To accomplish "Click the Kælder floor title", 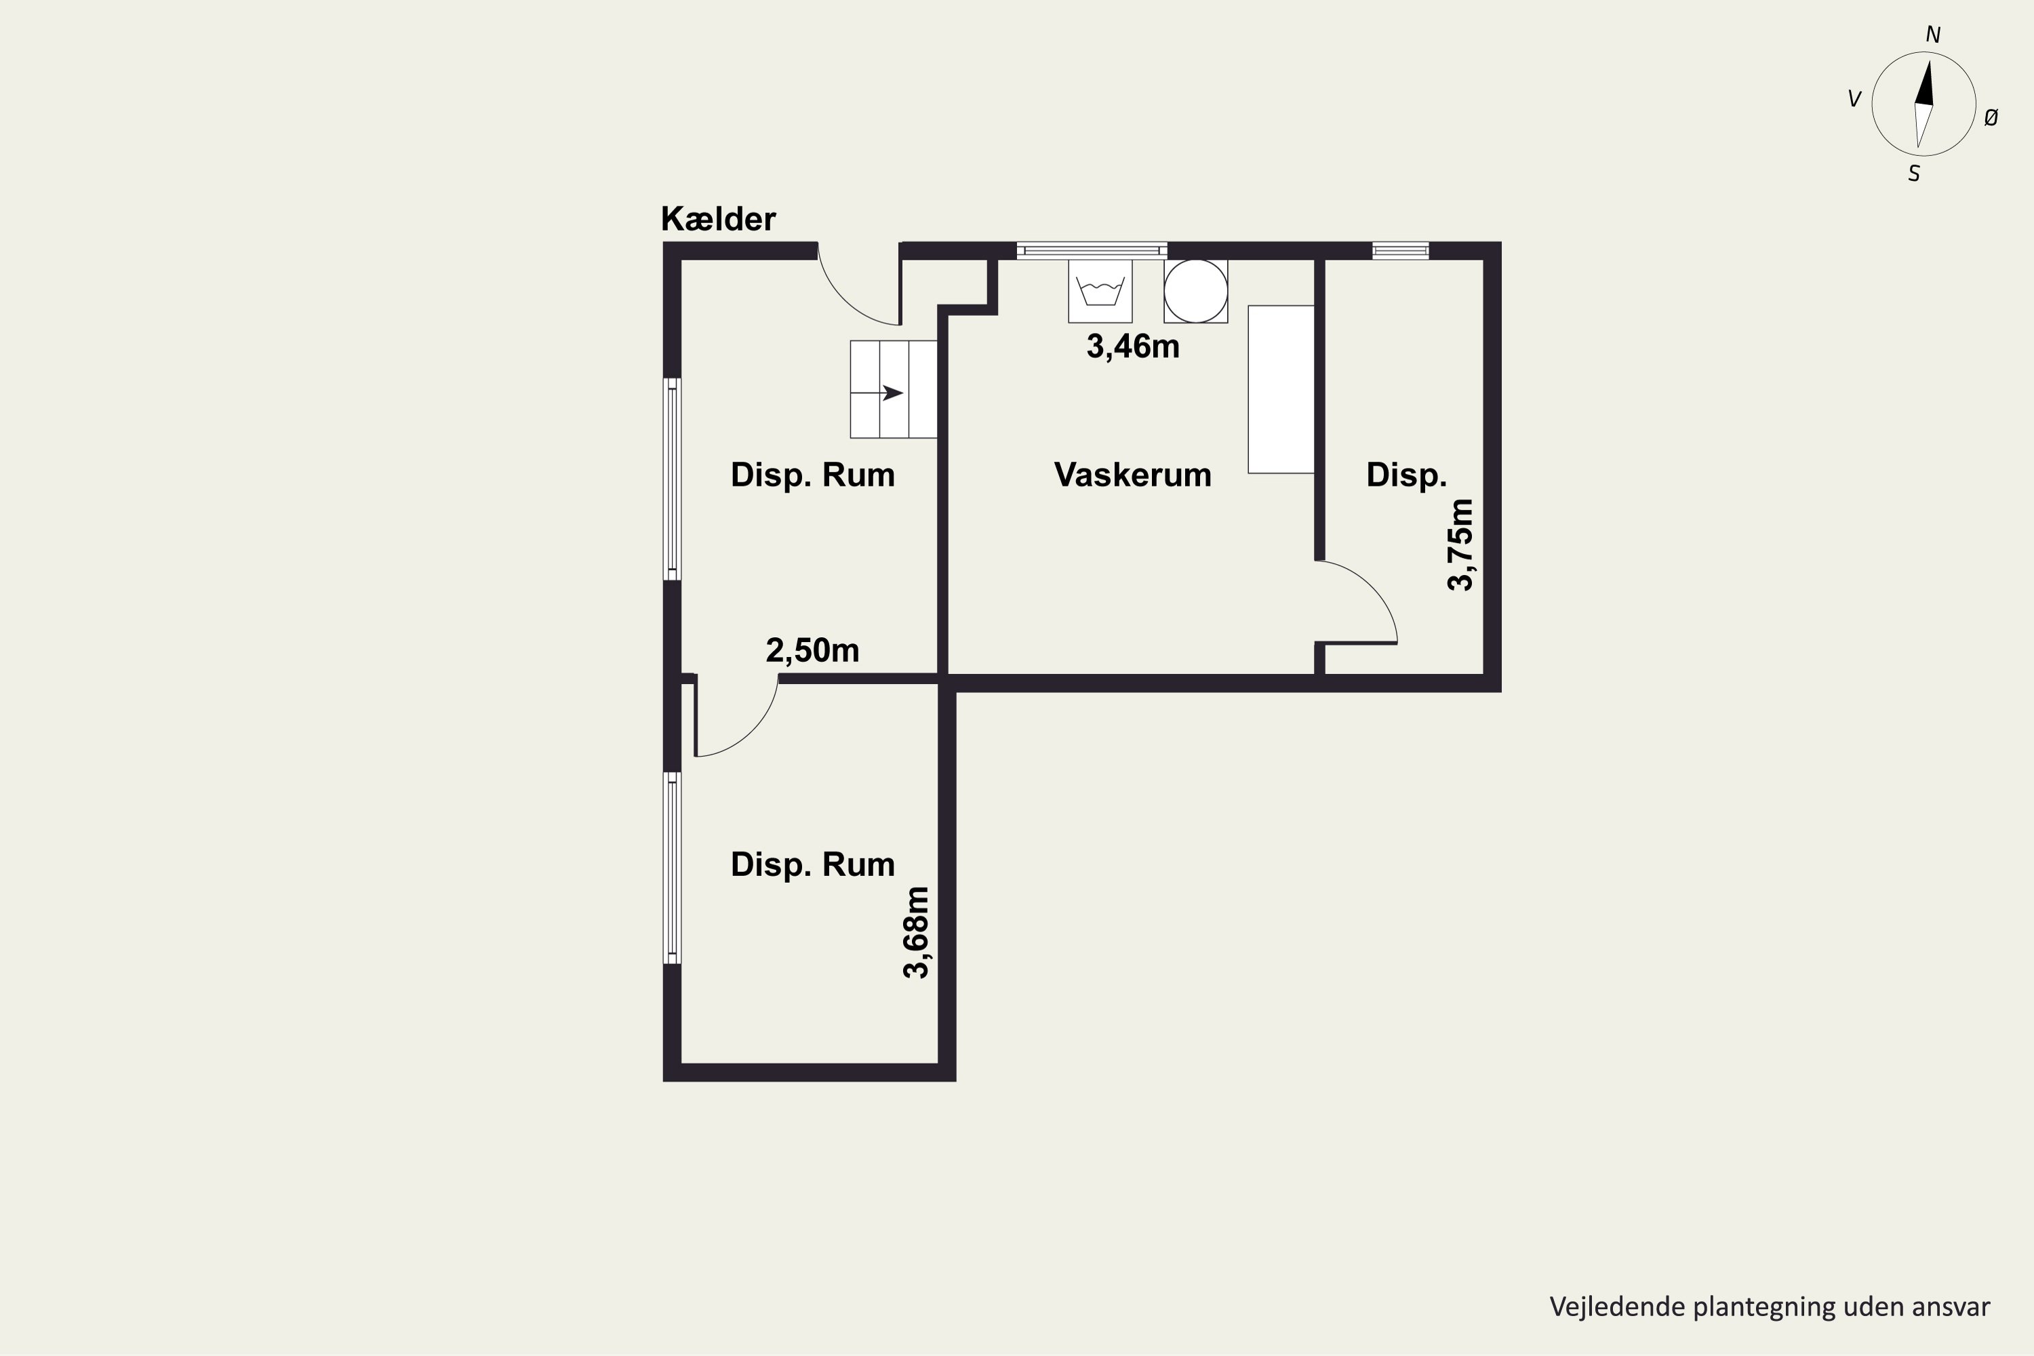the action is click(718, 219).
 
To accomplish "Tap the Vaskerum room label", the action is click(1132, 475).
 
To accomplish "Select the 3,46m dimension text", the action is click(1133, 346).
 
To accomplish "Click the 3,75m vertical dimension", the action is click(1460, 545).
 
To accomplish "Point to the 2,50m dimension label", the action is click(812, 650).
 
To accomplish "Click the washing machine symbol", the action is click(1100, 292).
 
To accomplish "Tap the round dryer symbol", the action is click(1195, 292).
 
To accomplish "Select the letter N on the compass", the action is click(1933, 35).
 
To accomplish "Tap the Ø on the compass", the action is click(1991, 117).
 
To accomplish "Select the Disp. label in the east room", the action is click(1406, 475).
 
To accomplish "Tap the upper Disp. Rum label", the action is click(812, 475).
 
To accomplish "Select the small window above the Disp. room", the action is click(1400, 251).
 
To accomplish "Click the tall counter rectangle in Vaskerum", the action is click(1281, 389).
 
